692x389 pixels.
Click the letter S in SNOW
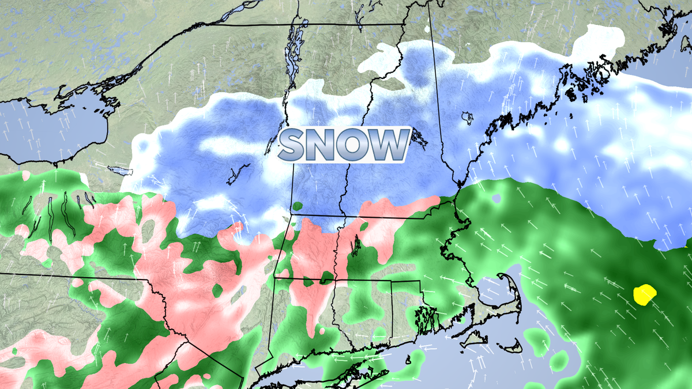click(295, 145)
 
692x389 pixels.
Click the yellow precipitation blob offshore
click(645, 294)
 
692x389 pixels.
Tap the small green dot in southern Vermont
click(298, 206)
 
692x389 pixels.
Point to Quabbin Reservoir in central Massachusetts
click(356, 246)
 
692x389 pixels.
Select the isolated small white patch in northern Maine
click(427, 28)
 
